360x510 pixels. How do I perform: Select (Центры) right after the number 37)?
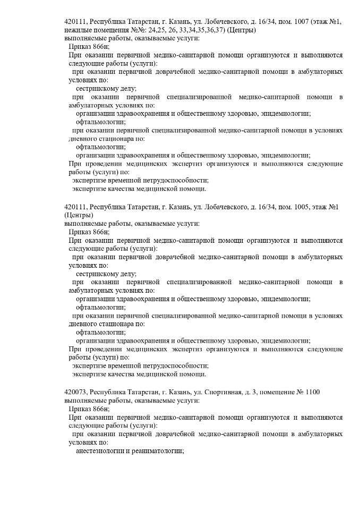click(x=241, y=30)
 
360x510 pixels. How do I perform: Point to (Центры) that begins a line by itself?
click(x=79, y=215)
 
